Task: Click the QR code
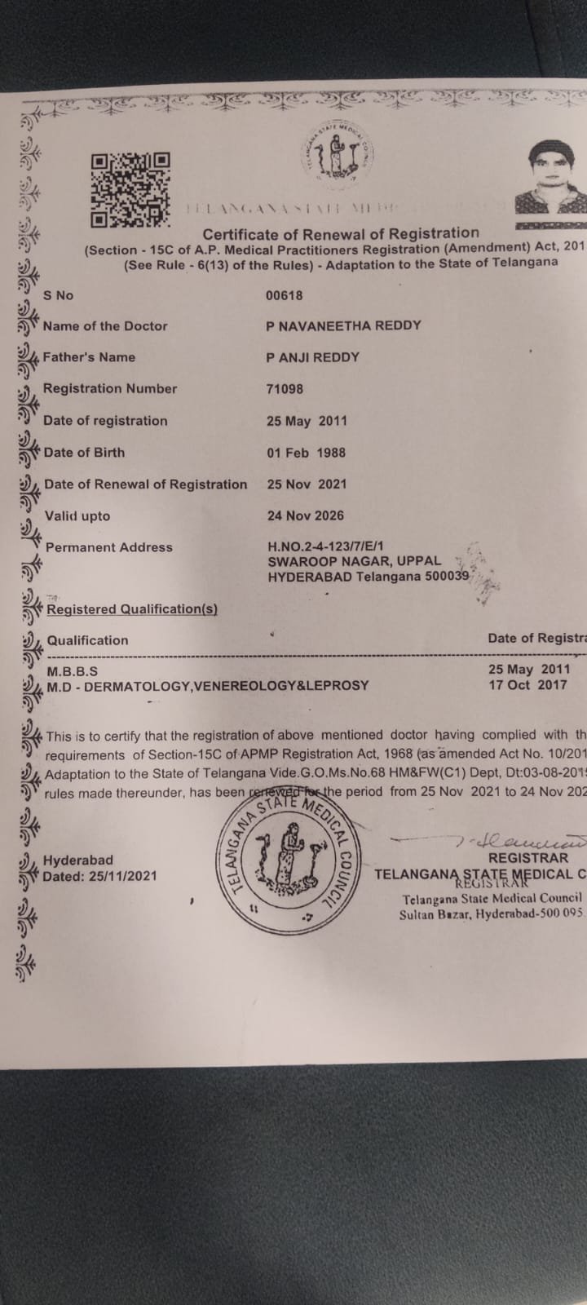click(x=130, y=190)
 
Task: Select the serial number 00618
click(x=285, y=295)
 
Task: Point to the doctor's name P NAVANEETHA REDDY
click(x=343, y=325)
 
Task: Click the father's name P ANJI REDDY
click(x=312, y=356)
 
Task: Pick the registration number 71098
click(x=285, y=389)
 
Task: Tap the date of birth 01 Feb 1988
click(x=306, y=452)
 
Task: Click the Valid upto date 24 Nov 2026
click(x=305, y=515)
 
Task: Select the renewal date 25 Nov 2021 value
click(x=307, y=484)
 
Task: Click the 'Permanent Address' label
click(x=109, y=547)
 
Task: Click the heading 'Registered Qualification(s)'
click(x=132, y=609)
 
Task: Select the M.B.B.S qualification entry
click(x=72, y=671)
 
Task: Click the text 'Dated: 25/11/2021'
click(x=99, y=877)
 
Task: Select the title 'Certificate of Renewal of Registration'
click(x=341, y=233)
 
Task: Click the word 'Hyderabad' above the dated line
click(x=78, y=860)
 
